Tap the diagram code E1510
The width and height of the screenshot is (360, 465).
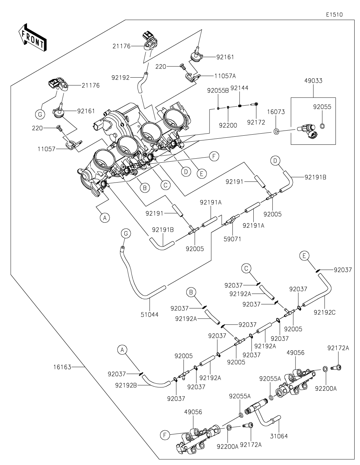tap(334, 15)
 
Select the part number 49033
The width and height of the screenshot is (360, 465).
tap(313, 81)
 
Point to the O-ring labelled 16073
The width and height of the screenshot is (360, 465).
tap(276, 131)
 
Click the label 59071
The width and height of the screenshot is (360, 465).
tap(233, 239)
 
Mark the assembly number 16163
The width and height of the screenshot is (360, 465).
tap(62, 367)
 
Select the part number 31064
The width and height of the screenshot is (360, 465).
tap(279, 436)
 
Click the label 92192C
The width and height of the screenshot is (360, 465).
tap(325, 312)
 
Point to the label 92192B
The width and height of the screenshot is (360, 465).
tap(126, 385)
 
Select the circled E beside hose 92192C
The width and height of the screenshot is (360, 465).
tap(304, 256)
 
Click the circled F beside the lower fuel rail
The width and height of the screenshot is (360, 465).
tap(165, 435)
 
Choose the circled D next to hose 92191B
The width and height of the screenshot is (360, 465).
tap(275, 161)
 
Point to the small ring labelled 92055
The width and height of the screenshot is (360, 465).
tap(322, 126)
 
